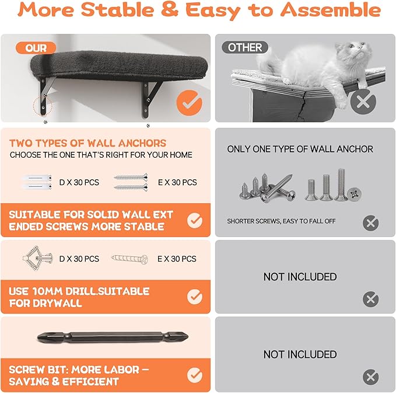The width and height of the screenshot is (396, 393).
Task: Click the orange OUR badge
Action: (36, 48)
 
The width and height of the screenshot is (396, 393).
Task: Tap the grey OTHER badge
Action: (245, 47)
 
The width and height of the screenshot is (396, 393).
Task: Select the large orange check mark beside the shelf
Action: (189, 103)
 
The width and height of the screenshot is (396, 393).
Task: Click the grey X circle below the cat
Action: (363, 102)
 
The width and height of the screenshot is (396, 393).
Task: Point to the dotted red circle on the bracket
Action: (43, 106)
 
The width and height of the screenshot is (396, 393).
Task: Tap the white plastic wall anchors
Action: (37, 182)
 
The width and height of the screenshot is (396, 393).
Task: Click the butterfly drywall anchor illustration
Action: (38, 258)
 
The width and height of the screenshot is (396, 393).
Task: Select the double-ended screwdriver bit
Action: (113, 338)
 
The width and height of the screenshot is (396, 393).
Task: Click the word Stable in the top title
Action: (117, 10)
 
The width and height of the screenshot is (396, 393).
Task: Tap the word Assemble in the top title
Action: (331, 10)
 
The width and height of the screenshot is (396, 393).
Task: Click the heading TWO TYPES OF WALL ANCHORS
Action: (88, 143)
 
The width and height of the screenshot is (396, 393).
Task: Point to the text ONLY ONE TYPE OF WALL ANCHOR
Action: (300, 149)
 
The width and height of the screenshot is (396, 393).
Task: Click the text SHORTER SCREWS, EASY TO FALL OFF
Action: (281, 221)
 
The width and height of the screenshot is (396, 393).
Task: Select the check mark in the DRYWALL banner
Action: (195, 297)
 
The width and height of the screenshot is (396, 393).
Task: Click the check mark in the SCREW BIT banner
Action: (195, 375)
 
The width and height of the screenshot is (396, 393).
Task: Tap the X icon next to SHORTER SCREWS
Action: (370, 223)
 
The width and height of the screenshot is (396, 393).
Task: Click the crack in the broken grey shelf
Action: (304, 106)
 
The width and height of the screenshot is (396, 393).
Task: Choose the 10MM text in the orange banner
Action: (47, 291)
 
